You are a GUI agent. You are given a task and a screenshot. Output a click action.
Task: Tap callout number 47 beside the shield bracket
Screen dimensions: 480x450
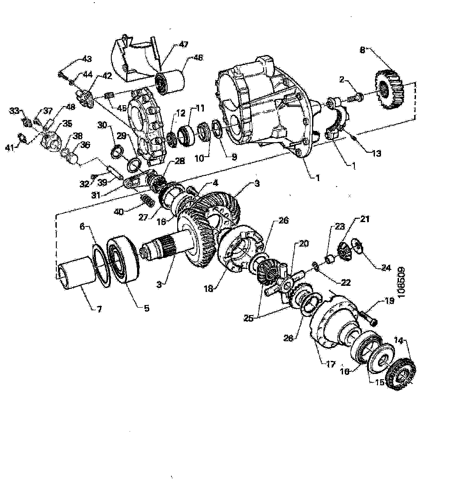[184, 45]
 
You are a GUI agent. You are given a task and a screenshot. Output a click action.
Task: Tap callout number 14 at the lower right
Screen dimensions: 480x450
[400, 341]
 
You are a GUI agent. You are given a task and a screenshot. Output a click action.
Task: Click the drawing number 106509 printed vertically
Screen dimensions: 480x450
[402, 282]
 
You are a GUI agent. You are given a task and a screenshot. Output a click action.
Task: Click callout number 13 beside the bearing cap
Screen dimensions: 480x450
[377, 153]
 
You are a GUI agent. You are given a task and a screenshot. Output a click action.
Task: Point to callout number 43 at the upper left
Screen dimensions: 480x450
[87, 59]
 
